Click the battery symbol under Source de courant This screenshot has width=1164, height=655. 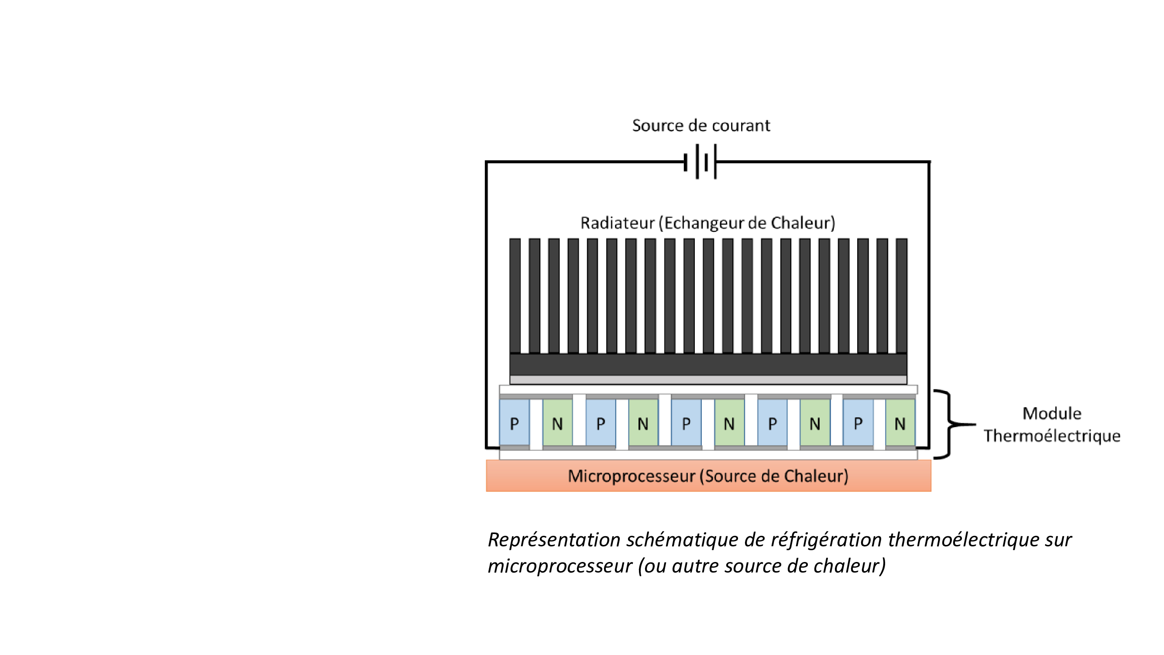pyautogui.click(x=701, y=162)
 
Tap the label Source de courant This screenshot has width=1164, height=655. pyautogui.click(x=701, y=126)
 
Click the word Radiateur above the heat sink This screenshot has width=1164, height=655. pyautogui.click(x=617, y=223)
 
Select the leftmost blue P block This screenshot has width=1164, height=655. pyautogui.click(x=514, y=423)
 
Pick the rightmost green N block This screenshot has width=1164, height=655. pyautogui.click(x=900, y=423)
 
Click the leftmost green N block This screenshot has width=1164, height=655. pyautogui.click(x=557, y=423)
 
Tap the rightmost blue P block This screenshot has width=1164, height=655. pyautogui.click(x=858, y=423)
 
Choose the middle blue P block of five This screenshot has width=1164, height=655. pyautogui.click(x=686, y=423)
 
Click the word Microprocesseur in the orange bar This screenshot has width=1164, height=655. pyautogui.click(x=631, y=476)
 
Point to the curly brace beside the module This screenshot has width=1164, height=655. pyautogui.click(x=949, y=424)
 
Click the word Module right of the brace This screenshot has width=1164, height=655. pyautogui.click(x=1052, y=413)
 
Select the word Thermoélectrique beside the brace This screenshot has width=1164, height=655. pyautogui.click(x=1052, y=436)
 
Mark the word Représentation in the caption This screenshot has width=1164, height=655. pyautogui.click(x=554, y=540)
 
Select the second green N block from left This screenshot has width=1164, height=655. pyautogui.click(x=643, y=423)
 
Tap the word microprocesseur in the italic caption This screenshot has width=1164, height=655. pyautogui.click(x=560, y=566)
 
